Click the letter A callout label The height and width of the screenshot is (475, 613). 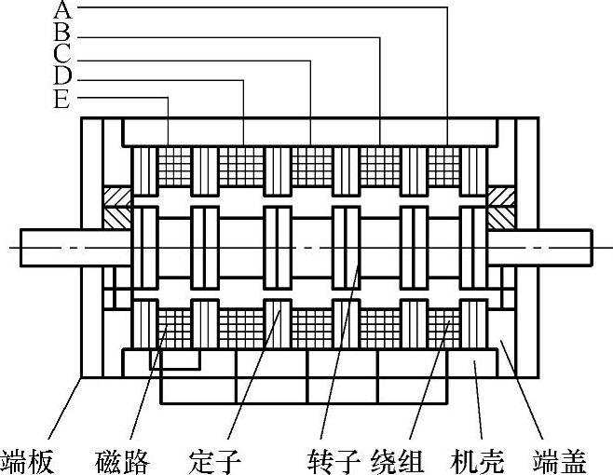click(62, 10)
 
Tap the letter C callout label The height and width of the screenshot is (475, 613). click(62, 53)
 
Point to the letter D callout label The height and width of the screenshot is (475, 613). click(62, 75)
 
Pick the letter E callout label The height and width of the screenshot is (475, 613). click(62, 97)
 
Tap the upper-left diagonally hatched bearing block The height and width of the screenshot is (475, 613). click(116, 207)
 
